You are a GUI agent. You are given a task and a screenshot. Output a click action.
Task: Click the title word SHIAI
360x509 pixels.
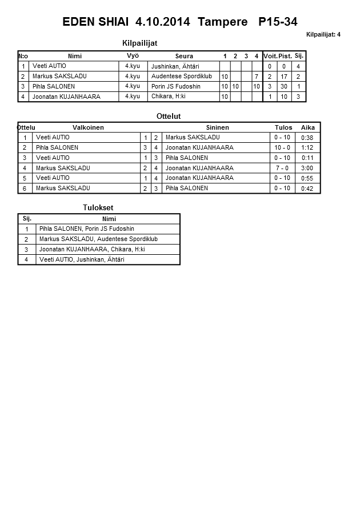coord(114,22)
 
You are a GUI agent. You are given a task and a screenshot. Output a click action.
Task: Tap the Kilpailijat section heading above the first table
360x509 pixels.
coord(140,43)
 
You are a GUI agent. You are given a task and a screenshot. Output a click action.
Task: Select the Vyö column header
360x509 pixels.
coord(133,55)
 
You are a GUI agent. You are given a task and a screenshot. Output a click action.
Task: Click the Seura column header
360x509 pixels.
coord(184,56)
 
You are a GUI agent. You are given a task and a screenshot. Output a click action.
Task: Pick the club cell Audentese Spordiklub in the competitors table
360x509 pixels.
coord(181,76)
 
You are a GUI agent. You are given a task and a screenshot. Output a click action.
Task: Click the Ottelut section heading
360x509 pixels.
coord(169,116)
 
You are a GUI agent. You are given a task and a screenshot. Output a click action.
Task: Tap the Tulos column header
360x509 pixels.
coord(283,127)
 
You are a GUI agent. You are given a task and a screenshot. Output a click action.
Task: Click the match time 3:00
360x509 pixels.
coord(307,169)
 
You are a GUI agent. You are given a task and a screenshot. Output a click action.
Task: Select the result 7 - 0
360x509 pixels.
coord(282,169)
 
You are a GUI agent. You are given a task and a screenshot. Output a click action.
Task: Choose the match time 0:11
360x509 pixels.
coord(307,158)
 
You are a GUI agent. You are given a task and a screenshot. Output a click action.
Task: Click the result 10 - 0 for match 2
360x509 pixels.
coord(282,147)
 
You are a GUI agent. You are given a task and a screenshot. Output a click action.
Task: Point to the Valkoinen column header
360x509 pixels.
coord(88,127)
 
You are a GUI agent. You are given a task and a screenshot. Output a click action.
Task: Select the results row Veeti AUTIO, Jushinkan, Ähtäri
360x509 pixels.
coord(82,260)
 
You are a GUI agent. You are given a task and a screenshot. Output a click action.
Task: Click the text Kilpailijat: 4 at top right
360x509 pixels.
coord(323,35)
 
